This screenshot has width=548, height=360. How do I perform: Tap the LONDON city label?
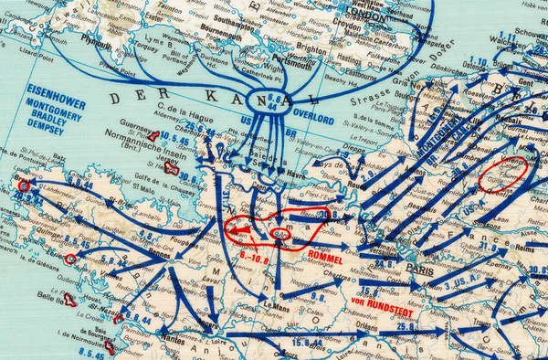click(x=364, y=16)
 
